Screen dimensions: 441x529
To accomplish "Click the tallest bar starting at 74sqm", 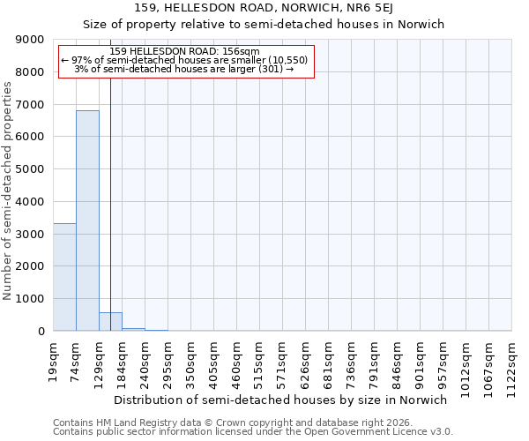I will point(87,220).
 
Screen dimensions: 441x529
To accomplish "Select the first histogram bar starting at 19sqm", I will point(64,277).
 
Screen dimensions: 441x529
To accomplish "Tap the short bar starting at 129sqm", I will point(110,322).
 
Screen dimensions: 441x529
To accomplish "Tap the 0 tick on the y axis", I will point(41,332).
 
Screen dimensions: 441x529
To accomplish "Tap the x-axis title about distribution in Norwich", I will point(281,400).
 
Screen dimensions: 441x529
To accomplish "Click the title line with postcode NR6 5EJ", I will point(264,8).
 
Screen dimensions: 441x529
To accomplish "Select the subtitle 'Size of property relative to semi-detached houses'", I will point(264,24).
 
